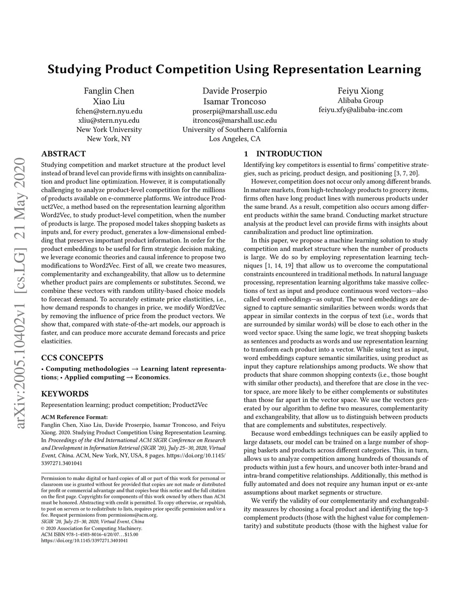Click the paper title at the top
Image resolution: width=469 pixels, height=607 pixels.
pos(234,70)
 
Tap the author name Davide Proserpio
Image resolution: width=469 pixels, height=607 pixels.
pos(234,91)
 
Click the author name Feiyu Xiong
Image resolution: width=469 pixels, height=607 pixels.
pos(360,91)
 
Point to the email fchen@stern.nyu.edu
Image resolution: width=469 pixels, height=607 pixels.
pos(109,111)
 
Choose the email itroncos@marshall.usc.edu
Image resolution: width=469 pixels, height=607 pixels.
pos(234,120)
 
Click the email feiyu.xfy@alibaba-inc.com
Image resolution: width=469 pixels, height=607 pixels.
pos(360,110)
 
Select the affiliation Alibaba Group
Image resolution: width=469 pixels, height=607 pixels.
pos(360,101)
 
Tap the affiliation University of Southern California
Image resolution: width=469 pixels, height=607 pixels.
pos(234,130)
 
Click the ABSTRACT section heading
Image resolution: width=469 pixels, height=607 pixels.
pos(63,154)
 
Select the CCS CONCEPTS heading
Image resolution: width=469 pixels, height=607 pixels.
pos(72,358)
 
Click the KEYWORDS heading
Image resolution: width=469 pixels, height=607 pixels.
pos(65,394)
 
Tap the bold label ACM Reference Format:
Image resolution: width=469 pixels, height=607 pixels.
pos(74,417)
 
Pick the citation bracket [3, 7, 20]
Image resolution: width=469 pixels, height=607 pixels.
pos(406,174)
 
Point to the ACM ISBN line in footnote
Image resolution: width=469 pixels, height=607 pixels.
pos(90,534)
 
